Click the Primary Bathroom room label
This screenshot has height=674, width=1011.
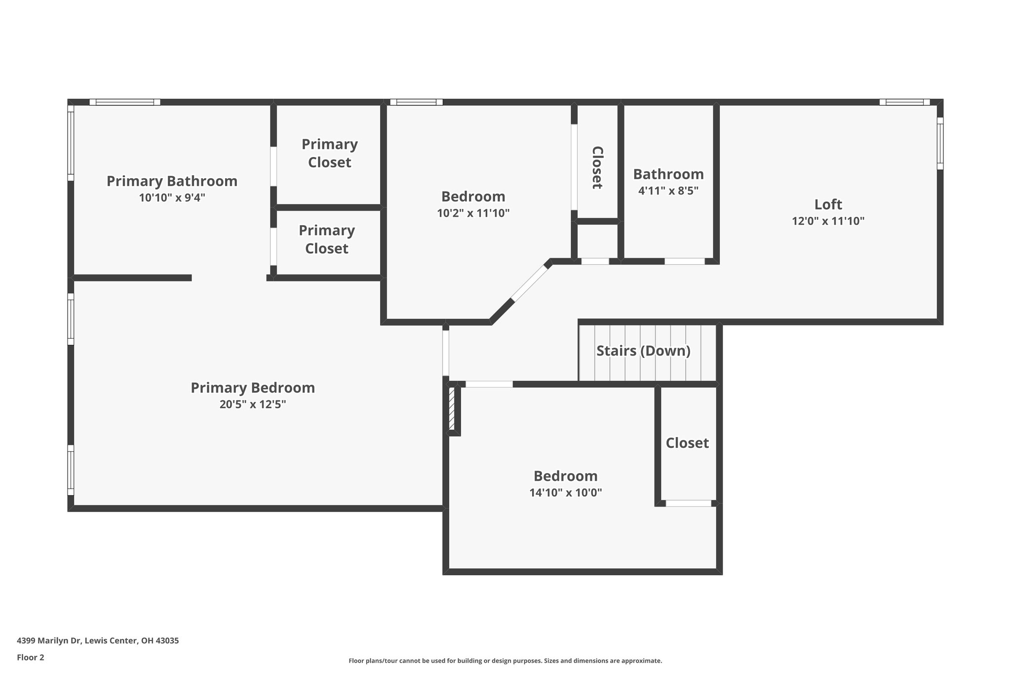(172, 181)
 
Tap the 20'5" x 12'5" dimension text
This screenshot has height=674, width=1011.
(253, 404)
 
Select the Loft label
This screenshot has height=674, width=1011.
(828, 204)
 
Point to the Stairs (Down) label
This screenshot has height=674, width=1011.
(643, 351)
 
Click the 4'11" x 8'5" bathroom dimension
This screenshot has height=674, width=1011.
(668, 191)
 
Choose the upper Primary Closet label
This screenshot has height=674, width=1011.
(329, 153)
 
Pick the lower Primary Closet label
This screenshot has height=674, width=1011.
(326, 239)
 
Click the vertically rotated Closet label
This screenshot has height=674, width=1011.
(597, 167)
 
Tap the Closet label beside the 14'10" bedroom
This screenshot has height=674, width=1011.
(687, 443)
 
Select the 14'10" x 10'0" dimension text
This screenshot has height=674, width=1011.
(565, 492)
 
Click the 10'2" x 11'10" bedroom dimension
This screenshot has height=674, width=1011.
(473, 213)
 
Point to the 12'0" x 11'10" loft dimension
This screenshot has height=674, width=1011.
(828, 221)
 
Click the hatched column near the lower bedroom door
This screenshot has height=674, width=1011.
(452, 409)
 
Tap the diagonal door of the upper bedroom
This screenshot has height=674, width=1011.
(530, 283)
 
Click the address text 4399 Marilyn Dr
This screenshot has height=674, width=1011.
(98, 641)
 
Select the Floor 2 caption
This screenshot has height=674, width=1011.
(31, 657)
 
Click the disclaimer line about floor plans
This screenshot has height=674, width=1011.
(505, 661)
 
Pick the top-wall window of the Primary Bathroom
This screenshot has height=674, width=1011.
(125, 102)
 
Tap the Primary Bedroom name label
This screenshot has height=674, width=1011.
(253, 388)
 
